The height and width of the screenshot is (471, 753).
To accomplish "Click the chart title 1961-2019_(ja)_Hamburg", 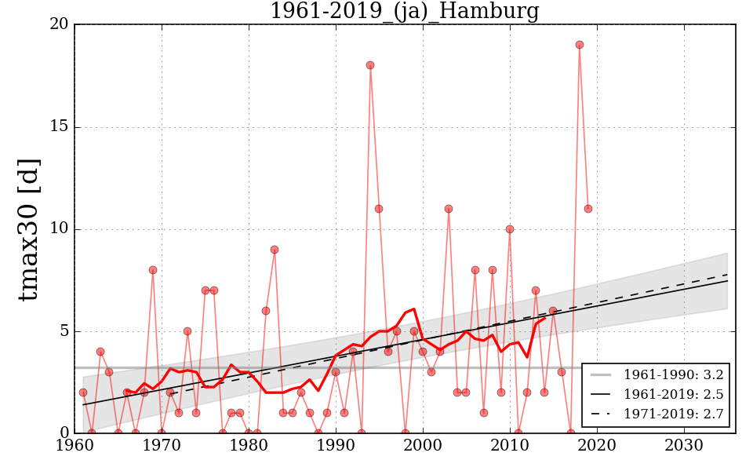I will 404,12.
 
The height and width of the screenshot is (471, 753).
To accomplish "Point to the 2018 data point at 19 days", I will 580,45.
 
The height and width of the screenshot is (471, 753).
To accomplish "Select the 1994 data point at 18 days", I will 370,65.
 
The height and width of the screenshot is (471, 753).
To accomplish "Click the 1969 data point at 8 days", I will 153,270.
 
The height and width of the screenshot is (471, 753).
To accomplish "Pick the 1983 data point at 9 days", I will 275,250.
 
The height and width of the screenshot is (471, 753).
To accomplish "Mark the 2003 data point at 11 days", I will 449,209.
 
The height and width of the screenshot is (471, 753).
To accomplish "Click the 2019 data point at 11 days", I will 588,209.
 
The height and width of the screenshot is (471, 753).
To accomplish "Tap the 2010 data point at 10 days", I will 510,229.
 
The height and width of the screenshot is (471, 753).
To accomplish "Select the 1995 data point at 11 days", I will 379,209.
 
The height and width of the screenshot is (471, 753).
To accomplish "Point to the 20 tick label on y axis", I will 59,25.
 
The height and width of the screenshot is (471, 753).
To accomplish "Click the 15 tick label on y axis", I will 59,127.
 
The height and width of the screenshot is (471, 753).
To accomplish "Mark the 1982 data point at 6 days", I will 266,311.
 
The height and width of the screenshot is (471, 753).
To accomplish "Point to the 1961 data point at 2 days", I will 83,392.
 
